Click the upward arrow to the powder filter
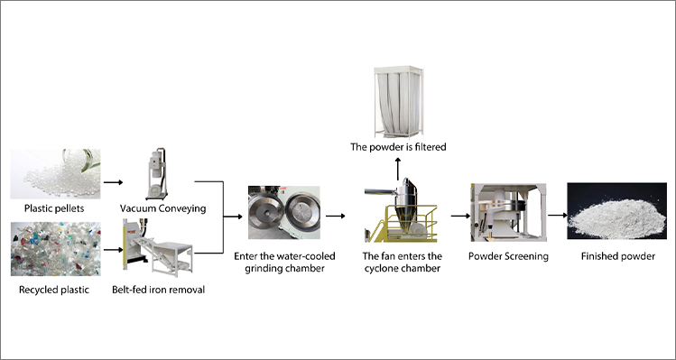(398, 166)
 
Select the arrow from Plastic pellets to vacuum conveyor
(113, 181)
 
